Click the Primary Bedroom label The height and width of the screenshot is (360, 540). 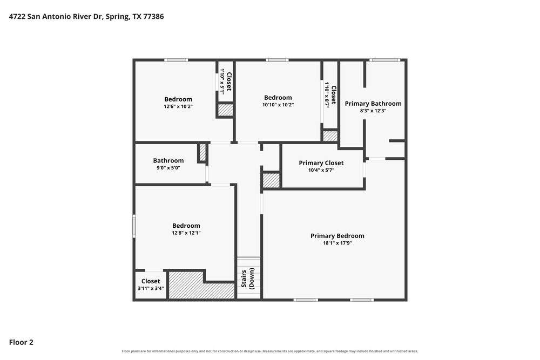(337, 236)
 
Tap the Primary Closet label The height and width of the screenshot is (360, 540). (321, 163)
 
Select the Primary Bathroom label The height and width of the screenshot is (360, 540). (373, 103)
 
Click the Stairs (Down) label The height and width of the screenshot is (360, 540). (248, 279)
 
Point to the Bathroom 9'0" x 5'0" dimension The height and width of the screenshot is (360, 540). (168, 168)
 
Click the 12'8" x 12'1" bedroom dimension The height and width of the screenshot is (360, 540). (186, 233)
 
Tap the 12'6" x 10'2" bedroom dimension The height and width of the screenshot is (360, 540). (178, 107)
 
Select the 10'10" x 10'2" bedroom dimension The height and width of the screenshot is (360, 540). (278, 105)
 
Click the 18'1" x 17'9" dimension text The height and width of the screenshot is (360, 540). (337, 243)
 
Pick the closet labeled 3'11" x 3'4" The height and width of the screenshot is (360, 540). (151, 285)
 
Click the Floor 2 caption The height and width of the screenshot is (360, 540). (21, 342)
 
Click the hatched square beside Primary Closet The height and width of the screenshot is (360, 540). (272, 180)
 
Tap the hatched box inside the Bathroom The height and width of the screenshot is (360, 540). (202, 152)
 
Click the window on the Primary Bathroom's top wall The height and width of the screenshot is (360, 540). (385, 60)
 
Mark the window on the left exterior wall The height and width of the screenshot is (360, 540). (134, 226)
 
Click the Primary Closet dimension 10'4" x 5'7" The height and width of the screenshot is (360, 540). (321, 170)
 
